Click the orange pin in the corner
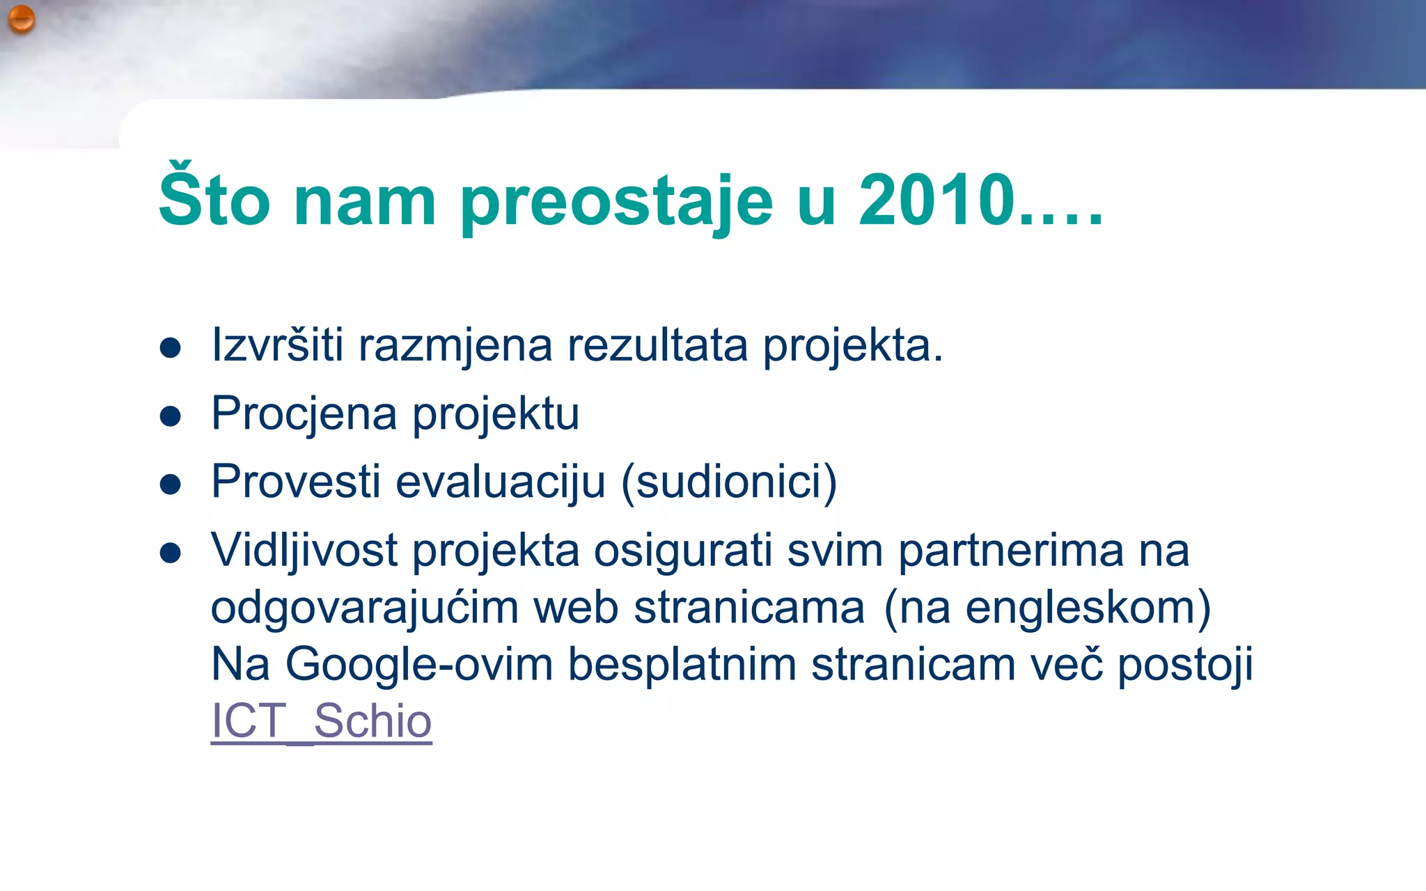coord(22,19)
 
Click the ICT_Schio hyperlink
coord(321,720)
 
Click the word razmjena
coord(455,346)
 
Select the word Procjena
coord(304,414)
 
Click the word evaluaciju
coord(500,482)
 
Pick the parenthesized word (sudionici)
coord(728,482)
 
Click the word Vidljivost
coord(304,551)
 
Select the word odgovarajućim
coord(364,608)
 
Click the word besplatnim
coord(682,665)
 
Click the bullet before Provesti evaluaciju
coord(171,484)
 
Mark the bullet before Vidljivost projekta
coord(171,553)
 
